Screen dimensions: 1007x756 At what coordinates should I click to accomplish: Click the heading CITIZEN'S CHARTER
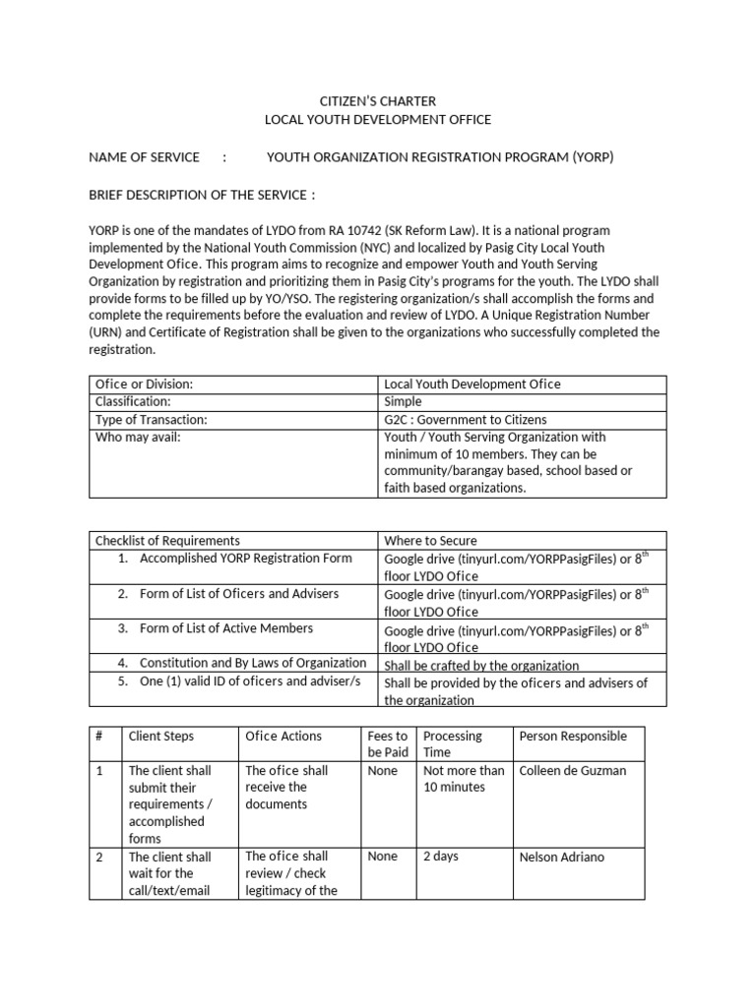(378, 101)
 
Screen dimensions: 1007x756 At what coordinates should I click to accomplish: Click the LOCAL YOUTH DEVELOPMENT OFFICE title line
(378, 120)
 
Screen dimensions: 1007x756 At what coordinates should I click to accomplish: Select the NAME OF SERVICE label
(144, 157)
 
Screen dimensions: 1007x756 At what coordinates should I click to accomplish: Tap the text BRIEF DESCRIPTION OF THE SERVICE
(202, 195)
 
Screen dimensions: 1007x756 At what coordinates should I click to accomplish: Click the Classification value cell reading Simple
(403, 402)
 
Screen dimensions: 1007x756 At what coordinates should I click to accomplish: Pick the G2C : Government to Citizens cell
(465, 420)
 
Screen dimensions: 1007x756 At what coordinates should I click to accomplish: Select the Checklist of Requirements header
(167, 541)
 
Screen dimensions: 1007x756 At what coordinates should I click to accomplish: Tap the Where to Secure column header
(430, 541)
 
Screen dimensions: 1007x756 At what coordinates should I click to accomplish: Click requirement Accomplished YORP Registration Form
(245, 559)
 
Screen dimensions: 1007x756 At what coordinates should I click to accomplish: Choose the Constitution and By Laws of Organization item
(253, 664)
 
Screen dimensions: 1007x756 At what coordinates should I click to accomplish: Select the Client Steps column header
(161, 737)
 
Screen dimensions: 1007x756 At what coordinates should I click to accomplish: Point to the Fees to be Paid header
(388, 744)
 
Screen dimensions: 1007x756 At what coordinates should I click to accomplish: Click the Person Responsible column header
(573, 737)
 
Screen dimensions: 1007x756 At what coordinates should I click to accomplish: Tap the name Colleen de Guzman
(572, 771)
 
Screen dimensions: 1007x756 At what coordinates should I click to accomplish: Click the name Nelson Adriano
(562, 858)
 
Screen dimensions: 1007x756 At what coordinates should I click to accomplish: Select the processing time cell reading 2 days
(441, 857)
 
